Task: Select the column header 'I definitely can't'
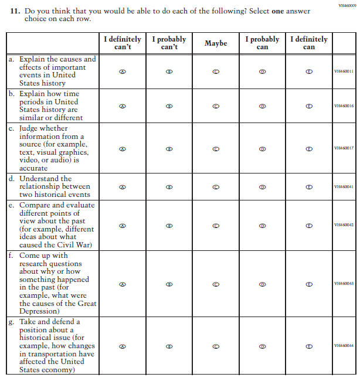pyautogui.click(x=123, y=43)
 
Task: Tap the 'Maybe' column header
pyautogui.click(x=216, y=43)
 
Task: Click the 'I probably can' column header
pyautogui.click(x=262, y=43)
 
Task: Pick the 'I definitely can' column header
pyautogui.click(x=309, y=43)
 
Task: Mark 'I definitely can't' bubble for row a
pyautogui.click(x=123, y=72)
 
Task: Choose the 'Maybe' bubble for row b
pyautogui.click(x=216, y=106)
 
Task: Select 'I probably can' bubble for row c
pyautogui.click(x=262, y=148)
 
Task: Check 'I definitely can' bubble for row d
pyautogui.click(x=309, y=187)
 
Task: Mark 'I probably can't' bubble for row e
pyautogui.click(x=169, y=225)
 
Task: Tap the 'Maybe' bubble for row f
pyautogui.click(x=216, y=284)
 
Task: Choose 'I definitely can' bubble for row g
pyautogui.click(x=309, y=346)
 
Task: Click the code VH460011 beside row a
pyautogui.click(x=344, y=72)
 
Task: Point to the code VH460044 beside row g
pyautogui.click(x=344, y=346)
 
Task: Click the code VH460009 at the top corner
pyautogui.click(x=347, y=5)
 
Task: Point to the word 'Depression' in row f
pyautogui.click(x=39, y=311)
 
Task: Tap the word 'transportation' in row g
pyautogui.click(x=54, y=354)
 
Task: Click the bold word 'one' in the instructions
pyautogui.click(x=279, y=11)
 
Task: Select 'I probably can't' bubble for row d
pyautogui.click(x=169, y=187)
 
